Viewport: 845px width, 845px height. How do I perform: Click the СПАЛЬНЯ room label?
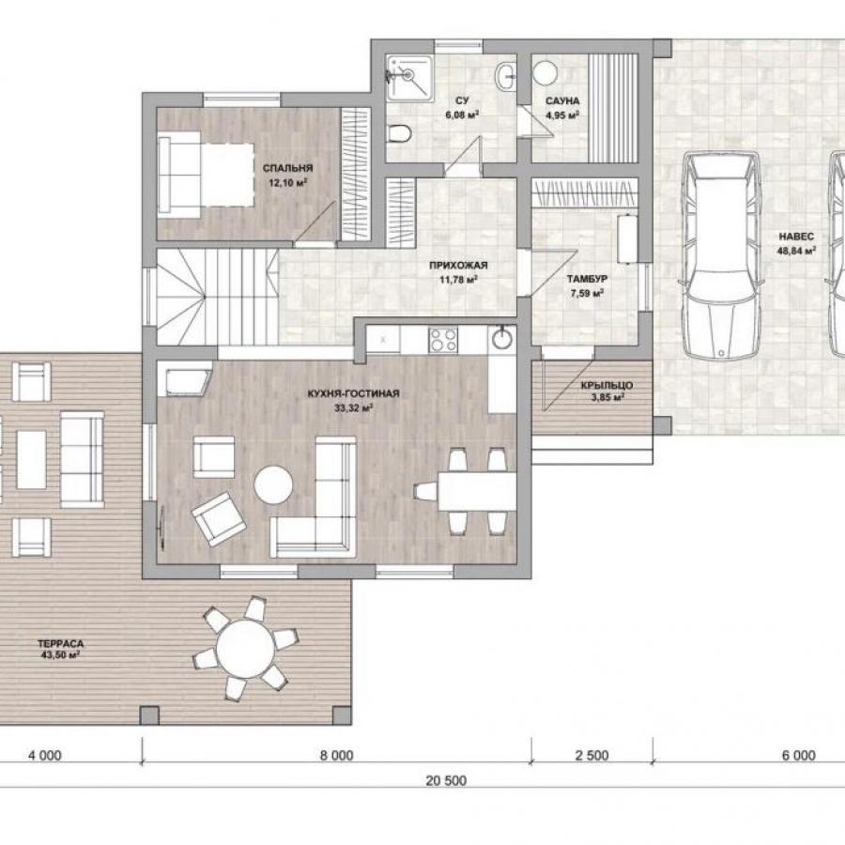click(288, 168)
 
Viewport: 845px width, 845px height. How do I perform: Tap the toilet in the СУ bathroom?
click(399, 132)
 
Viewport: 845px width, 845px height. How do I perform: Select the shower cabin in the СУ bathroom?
click(409, 78)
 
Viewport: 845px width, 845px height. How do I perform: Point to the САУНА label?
click(562, 100)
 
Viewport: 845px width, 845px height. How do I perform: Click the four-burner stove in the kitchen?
click(443, 340)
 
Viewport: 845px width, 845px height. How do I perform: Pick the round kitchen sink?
click(502, 340)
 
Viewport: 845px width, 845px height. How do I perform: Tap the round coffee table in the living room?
click(273, 484)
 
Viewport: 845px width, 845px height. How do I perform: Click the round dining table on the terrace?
click(245, 648)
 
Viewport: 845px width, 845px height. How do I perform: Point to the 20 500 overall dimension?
click(446, 780)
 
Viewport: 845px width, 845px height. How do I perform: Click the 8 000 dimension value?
click(337, 756)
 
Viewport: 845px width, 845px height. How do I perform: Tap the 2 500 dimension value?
click(591, 756)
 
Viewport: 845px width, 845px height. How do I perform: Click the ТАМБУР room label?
click(587, 279)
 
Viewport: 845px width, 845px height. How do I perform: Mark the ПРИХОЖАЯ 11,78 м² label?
click(458, 272)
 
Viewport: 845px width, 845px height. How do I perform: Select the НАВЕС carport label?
click(796, 236)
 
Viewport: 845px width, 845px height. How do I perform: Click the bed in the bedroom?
click(207, 176)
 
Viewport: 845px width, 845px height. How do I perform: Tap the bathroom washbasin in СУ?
click(506, 76)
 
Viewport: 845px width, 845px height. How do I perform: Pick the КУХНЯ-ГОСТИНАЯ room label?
click(354, 393)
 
